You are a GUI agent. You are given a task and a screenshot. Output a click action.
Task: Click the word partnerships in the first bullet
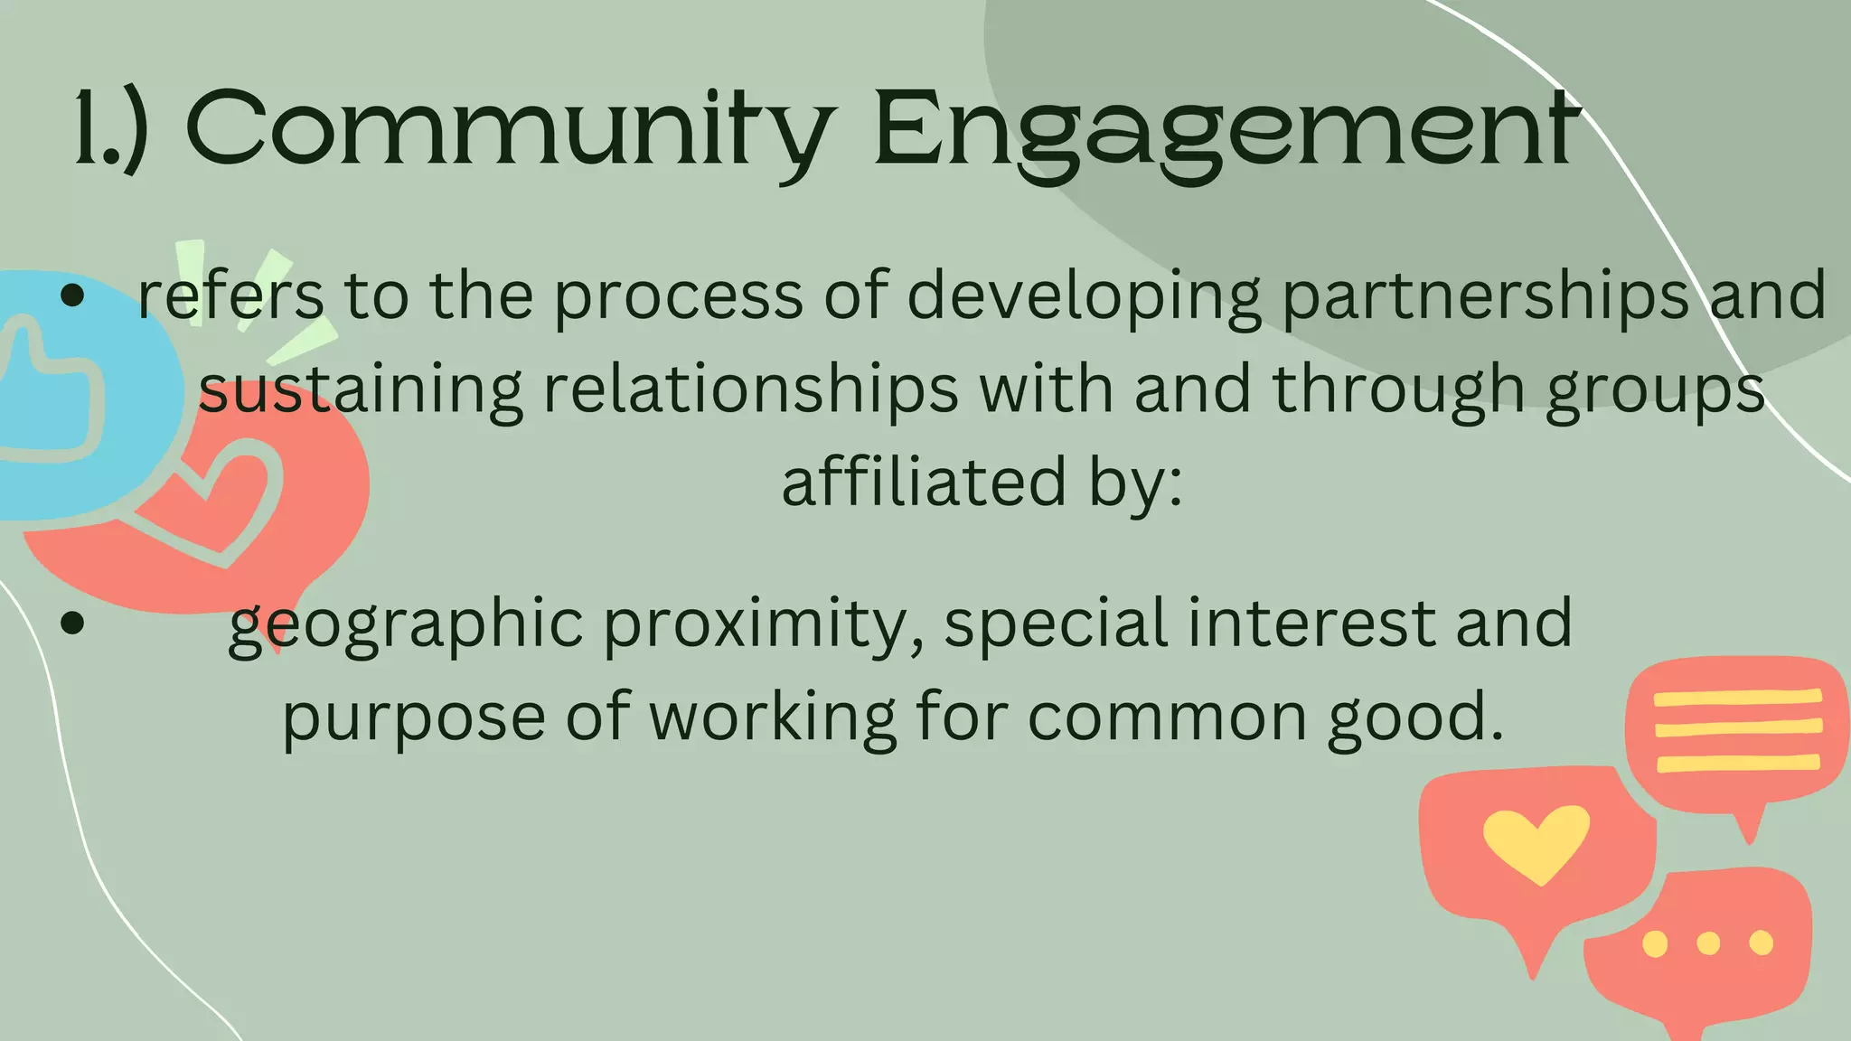1485,296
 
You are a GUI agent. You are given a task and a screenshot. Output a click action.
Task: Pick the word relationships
750,390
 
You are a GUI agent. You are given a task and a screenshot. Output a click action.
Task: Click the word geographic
406,624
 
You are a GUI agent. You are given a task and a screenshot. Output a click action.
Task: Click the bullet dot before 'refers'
72,295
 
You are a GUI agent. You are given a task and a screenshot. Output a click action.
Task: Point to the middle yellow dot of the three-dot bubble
1708,943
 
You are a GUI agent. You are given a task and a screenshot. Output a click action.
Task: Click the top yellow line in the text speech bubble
1736,698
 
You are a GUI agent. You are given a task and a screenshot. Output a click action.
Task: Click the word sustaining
361,390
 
